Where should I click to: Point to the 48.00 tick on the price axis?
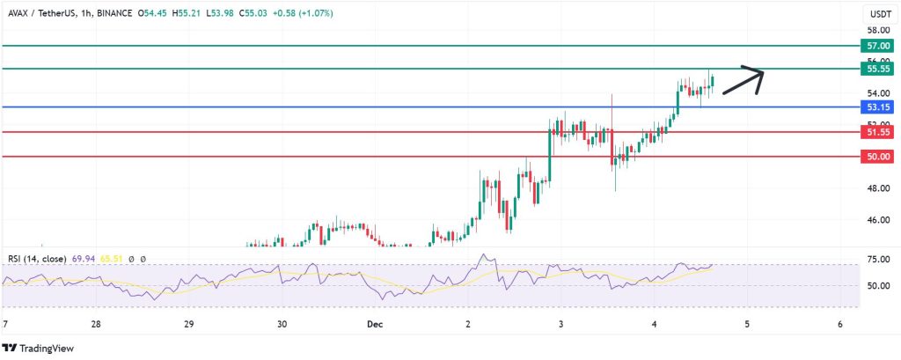(x=875, y=188)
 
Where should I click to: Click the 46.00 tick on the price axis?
(x=875, y=220)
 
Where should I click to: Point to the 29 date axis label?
(x=189, y=324)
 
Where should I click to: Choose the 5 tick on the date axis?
(x=747, y=324)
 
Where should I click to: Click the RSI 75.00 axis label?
(x=875, y=261)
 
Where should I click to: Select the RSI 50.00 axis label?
(x=875, y=286)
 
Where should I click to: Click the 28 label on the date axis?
(x=96, y=324)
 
